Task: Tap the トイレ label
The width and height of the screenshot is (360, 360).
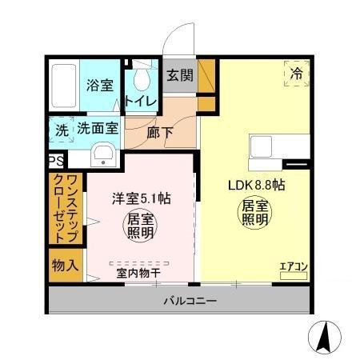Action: click(x=139, y=102)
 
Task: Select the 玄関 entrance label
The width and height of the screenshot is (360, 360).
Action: click(x=180, y=76)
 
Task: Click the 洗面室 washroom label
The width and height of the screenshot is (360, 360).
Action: click(x=98, y=128)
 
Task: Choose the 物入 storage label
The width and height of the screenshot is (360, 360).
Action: click(x=65, y=265)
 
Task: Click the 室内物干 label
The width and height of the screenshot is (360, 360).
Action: click(x=139, y=273)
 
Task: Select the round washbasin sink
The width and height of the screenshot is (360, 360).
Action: click(x=102, y=154)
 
